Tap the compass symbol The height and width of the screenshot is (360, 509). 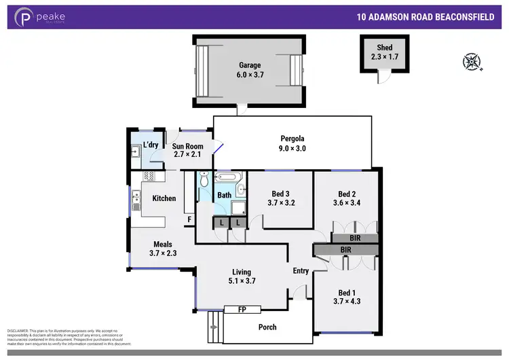[x=471, y=62]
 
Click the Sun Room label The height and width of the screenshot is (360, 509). [x=187, y=146]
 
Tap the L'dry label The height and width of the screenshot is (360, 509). [x=150, y=145]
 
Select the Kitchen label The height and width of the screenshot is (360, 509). [x=164, y=198]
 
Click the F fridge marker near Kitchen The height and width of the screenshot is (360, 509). [x=189, y=219]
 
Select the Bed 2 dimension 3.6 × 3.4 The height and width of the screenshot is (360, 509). [x=346, y=202]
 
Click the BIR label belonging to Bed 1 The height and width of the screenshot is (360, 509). [x=345, y=250]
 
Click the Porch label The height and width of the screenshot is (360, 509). [x=267, y=327]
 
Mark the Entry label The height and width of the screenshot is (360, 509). [x=301, y=271]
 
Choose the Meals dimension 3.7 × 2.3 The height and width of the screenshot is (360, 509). [x=162, y=254]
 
